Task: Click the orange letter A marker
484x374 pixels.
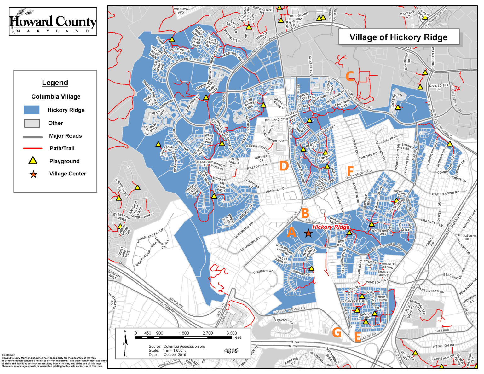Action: coord(291,233)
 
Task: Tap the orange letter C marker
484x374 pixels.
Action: coord(349,76)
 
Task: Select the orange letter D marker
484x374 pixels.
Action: coord(284,166)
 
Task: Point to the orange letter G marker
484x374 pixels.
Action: coord(337,332)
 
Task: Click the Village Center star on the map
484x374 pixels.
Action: coord(308,233)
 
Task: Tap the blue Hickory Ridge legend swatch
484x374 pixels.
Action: coord(32,110)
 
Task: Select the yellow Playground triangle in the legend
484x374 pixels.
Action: coord(33,161)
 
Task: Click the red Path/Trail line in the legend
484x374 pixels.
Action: coord(32,148)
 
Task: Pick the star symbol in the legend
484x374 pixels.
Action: coord(33,174)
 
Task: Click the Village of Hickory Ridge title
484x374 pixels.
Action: coord(398,37)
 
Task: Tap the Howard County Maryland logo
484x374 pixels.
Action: coord(53,21)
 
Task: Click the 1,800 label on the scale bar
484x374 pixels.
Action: coord(184,333)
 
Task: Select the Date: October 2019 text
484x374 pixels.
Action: coord(167,354)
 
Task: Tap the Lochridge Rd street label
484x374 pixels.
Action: coord(244,230)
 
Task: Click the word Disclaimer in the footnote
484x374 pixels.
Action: coord(8,355)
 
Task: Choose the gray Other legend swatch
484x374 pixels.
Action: coord(32,123)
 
